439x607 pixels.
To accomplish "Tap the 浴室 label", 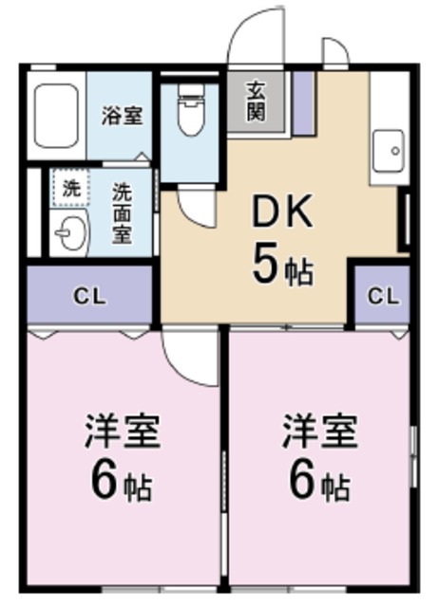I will click(123, 117).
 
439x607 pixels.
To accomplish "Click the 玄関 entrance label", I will click(257, 100).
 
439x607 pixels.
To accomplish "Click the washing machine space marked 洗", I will click(71, 187).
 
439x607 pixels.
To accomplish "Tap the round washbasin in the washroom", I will click(69, 230).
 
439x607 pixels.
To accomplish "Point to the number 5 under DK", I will click(265, 264).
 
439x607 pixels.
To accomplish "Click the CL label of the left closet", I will click(90, 295).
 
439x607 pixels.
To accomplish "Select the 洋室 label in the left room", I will click(123, 432).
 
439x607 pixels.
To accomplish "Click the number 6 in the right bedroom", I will click(301, 482).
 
